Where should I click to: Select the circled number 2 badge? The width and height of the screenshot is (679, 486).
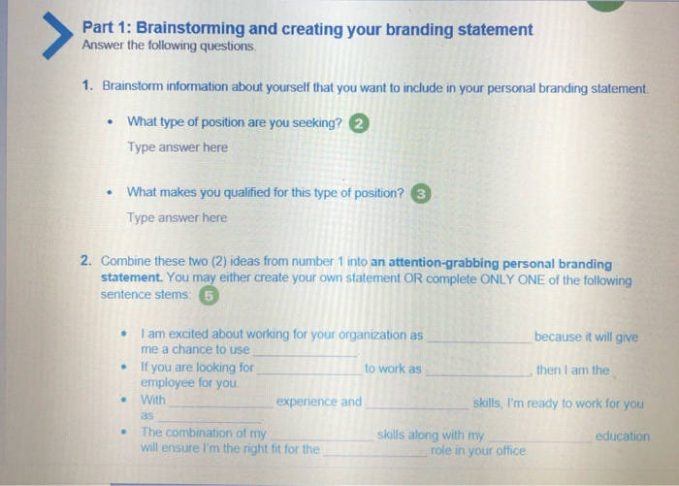tap(360, 124)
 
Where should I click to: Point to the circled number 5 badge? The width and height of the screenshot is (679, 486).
tap(209, 295)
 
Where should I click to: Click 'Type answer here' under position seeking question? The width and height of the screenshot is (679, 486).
tap(178, 147)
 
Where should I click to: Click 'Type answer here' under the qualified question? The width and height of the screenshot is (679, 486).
tap(178, 217)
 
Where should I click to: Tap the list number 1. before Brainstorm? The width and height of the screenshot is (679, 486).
tap(87, 86)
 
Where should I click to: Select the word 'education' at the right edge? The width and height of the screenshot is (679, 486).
tap(622, 437)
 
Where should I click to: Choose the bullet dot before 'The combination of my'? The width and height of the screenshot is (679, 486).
tap(123, 433)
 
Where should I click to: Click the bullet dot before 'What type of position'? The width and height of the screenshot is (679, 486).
tap(113, 123)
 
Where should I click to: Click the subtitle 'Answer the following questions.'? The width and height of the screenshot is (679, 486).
tap(171, 47)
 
